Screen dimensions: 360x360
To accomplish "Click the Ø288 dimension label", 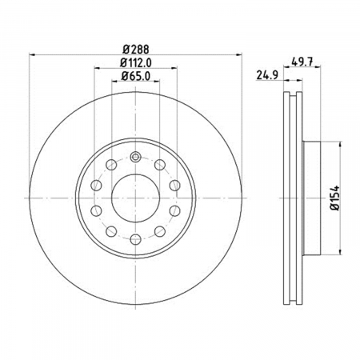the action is pos(135,50).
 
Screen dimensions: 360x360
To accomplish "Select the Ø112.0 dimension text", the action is pos(135,63).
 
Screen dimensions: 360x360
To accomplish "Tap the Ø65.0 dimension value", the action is pos(135,76).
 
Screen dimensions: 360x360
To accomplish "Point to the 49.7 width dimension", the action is pos(302,62).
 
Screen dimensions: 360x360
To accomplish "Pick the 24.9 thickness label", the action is pos(267,75).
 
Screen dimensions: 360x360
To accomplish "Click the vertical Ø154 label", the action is pos(335,198).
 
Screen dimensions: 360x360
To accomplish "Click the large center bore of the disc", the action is pos(135,198).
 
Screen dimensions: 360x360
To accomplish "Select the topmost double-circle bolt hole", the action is pos(135,157).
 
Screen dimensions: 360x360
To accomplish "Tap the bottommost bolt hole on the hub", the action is pos(135,239).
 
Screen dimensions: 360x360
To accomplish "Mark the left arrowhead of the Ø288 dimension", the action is pos(32,55).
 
